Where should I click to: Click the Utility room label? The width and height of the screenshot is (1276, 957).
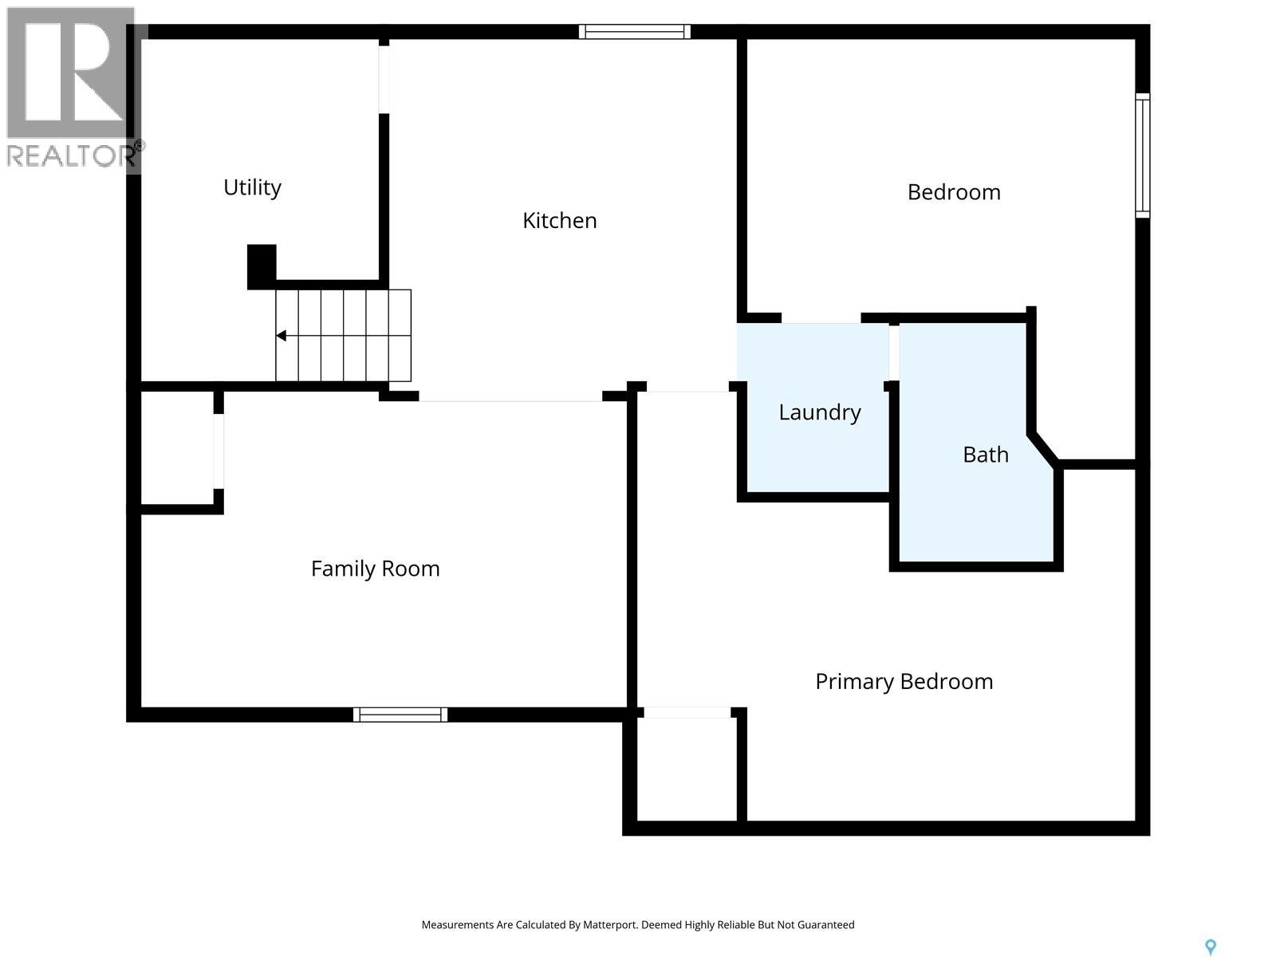coord(252,187)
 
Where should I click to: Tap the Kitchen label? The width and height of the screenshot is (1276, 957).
coord(559,221)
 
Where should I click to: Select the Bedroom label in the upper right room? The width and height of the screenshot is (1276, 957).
coord(954,192)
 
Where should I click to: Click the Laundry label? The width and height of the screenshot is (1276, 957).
coord(819,412)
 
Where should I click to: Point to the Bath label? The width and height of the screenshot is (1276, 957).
coord(986,455)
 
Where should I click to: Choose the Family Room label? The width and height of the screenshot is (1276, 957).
coord(375,569)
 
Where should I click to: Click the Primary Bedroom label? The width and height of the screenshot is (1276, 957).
coord(904,682)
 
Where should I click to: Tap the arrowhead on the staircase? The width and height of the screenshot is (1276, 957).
coord(282,336)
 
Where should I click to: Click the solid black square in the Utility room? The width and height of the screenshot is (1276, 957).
coord(262,266)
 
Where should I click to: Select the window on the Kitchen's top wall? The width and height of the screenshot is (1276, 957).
coord(635,32)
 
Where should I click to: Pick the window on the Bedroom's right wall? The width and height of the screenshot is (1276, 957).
coord(1143,155)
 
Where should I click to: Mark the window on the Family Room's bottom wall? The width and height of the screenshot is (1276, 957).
coord(400,715)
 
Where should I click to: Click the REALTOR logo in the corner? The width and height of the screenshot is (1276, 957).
coord(72,88)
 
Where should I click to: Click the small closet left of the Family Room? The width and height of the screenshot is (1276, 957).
coord(177,448)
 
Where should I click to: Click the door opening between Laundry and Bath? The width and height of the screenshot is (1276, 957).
coord(894,352)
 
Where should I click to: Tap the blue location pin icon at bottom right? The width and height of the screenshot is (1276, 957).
coord(1210,947)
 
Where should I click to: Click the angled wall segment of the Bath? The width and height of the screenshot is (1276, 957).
coord(1045,448)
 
